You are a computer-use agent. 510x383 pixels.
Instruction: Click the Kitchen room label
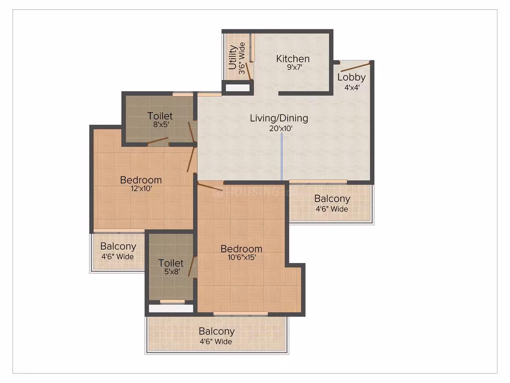coord(293,59)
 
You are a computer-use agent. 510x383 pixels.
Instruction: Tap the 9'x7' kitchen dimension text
coord(295,67)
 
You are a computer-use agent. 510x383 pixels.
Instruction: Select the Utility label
coord(232,58)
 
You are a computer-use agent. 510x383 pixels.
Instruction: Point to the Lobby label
coord(351,77)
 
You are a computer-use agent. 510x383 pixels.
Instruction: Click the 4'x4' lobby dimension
coord(352,87)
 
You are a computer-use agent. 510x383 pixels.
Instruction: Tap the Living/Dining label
coord(279,118)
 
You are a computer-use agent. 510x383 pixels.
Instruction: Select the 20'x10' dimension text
coord(280,128)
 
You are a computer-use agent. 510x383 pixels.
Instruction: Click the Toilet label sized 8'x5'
coord(160,116)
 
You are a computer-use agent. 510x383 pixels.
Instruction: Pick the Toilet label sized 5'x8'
coord(171,263)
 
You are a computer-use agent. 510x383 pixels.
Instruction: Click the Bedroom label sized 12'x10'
coord(141,180)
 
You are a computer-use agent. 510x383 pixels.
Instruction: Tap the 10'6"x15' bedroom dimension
coord(242,257)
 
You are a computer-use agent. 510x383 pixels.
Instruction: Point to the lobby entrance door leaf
coord(355,67)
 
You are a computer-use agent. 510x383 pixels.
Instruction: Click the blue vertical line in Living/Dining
coord(282,156)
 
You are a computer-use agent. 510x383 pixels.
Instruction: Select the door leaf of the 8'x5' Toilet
coord(157,141)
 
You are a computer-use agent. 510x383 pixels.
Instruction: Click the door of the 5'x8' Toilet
coord(192,266)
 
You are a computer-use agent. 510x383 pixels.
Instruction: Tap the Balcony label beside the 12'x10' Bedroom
coord(118,246)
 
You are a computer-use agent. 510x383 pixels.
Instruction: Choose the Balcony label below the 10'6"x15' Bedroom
coord(217,331)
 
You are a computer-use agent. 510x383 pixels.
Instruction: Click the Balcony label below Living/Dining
coord(332,199)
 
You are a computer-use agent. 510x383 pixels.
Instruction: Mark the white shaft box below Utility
coord(238,88)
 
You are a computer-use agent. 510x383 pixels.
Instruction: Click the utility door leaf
coord(248,71)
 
